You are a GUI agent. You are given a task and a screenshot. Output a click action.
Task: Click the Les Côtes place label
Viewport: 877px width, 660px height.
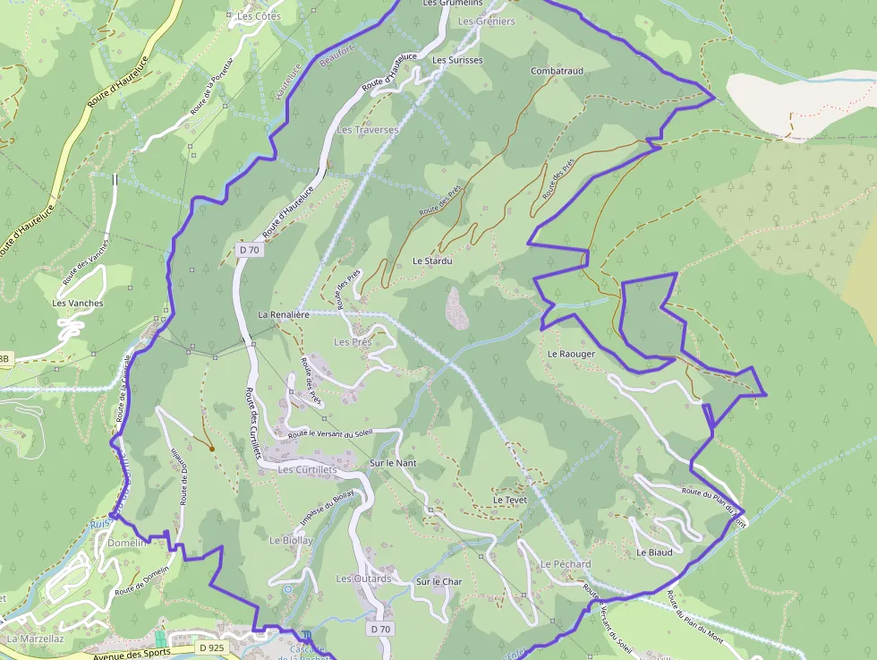click(259, 16)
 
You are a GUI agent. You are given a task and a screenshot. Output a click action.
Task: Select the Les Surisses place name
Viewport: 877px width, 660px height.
click(457, 60)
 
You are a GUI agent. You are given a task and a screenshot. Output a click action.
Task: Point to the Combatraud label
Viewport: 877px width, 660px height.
click(557, 71)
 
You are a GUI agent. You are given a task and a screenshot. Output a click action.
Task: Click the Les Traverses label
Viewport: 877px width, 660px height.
click(367, 130)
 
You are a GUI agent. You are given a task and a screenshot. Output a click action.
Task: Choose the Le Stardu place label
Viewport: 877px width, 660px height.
click(432, 261)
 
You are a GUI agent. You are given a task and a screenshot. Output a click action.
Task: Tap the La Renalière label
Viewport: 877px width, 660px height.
click(284, 315)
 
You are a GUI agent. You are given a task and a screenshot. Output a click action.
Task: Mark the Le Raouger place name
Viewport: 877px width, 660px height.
click(571, 354)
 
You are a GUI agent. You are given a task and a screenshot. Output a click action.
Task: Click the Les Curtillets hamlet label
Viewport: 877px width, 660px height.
click(307, 469)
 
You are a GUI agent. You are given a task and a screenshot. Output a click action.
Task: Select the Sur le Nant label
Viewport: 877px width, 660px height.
click(393, 463)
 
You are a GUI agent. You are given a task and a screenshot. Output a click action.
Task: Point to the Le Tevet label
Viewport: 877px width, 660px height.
click(510, 500)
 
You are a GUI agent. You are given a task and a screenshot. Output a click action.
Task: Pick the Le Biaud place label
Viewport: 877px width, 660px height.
click(654, 553)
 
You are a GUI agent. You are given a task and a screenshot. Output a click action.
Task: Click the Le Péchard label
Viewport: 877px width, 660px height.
click(566, 564)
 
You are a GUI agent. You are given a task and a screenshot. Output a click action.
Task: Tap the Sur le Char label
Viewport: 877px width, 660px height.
click(438, 582)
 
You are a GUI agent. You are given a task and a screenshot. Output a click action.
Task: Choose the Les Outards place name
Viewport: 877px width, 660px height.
click(363, 579)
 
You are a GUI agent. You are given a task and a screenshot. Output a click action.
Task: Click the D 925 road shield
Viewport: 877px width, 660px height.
click(211, 647)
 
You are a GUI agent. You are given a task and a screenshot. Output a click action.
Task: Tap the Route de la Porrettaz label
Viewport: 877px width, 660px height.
click(211, 86)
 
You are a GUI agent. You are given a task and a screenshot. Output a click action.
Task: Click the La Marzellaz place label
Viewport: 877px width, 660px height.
click(35, 639)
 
